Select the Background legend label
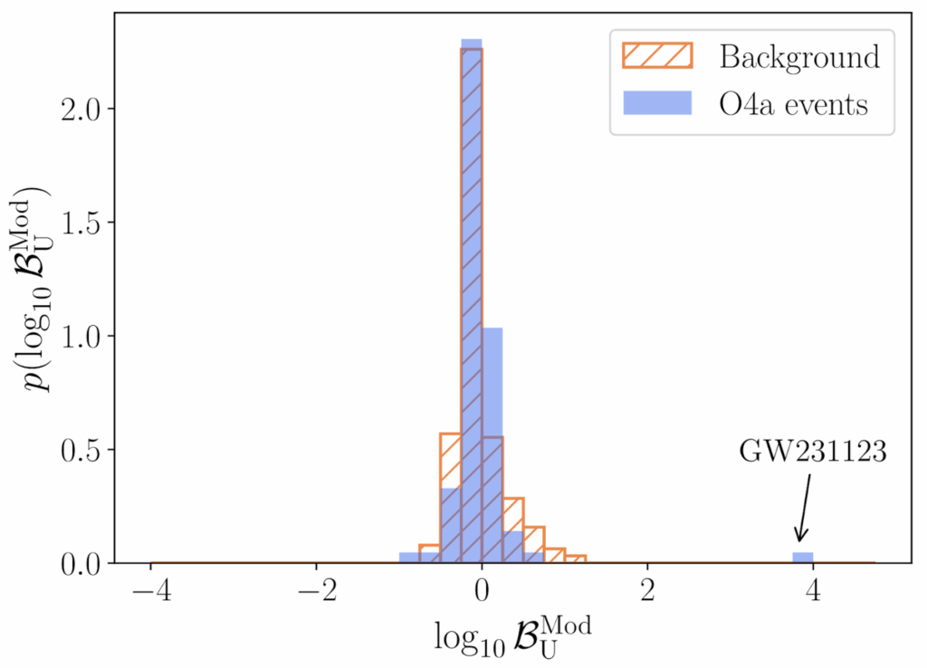tap(799, 57)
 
